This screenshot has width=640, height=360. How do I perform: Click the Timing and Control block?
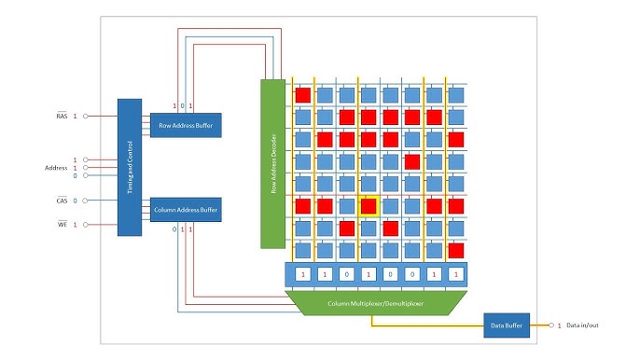click(130, 167)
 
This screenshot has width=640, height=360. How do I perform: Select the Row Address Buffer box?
click(186, 124)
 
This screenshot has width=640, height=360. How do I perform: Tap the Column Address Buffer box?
click(186, 210)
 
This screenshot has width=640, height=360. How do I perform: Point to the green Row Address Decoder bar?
click(271, 163)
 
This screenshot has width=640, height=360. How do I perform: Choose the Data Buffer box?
click(506, 325)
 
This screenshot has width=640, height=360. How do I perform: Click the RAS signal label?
click(62, 116)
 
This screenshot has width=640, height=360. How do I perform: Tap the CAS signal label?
click(62, 201)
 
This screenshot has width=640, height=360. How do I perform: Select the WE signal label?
click(62, 224)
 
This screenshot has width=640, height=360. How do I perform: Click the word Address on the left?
click(56, 168)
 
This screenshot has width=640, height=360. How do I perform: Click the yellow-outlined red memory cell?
click(369, 206)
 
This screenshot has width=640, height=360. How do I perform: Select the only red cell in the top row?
click(303, 94)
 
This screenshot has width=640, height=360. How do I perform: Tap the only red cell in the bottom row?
click(455, 251)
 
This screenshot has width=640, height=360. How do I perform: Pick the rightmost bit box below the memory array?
click(455, 274)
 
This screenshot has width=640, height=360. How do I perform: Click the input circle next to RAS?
click(86, 116)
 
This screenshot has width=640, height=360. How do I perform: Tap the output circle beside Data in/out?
click(550, 325)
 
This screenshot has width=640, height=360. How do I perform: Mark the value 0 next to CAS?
click(75, 201)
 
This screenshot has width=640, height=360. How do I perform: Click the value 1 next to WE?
click(75, 224)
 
